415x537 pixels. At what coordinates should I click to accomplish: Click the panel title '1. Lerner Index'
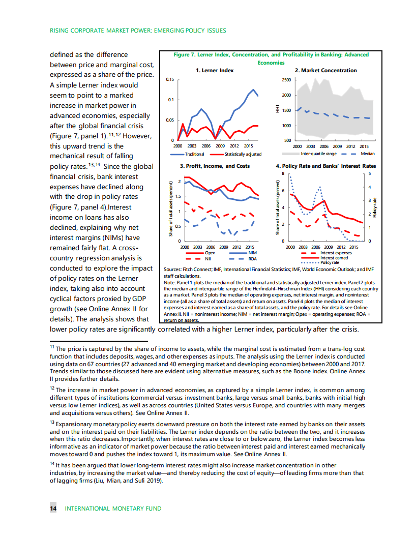(215, 71)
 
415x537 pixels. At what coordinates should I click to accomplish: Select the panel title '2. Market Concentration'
(326, 71)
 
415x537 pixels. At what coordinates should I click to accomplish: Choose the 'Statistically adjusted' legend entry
(243, 154)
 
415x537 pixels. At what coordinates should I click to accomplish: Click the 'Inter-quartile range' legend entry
(318, 154)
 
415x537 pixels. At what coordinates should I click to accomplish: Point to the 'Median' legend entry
(367, 154)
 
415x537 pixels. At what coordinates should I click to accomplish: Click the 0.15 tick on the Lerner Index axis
(170, 80)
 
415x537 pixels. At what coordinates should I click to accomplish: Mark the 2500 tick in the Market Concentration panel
(286, 80)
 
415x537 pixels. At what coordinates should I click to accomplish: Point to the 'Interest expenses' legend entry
(336, 253)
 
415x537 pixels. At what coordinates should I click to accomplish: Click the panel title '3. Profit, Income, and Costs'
(215, 166)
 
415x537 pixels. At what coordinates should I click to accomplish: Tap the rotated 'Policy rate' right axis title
(375, 207)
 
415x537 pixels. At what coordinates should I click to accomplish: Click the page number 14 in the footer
(53, 509)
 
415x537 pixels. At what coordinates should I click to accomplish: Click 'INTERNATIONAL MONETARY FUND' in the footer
(113, 509)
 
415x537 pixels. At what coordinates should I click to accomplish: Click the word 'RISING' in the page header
(60, 31)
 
